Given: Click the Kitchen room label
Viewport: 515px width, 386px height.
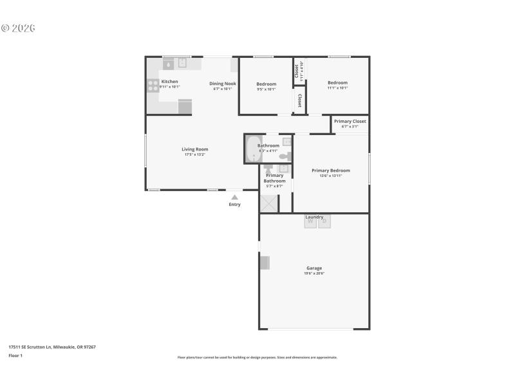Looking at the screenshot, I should click(169, 82).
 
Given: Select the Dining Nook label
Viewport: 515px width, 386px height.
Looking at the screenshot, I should click(223, 84).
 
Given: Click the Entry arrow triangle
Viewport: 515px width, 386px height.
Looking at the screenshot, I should click(234, 198).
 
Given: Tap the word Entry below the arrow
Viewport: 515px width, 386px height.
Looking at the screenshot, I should click(234, 205).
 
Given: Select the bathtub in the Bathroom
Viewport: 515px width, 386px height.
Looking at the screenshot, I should click(253, 149).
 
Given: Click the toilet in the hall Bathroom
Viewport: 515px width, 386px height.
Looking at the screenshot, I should click(285, 156).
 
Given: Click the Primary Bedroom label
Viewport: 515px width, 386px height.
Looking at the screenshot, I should click(330, 170).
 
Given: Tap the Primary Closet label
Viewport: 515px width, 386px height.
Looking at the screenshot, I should click(350, 121).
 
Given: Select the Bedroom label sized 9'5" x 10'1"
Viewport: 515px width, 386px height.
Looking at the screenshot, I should click(266, 84).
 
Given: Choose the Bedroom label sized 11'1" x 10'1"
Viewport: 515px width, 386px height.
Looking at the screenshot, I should click(337, 82).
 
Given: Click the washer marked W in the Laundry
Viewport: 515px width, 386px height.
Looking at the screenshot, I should click(310, 222).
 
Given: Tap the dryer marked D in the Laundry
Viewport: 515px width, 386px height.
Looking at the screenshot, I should click(324, 222).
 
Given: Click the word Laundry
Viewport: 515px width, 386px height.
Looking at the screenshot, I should click(314, 217).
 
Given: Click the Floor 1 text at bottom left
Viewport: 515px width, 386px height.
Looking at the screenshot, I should click(15, 355).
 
